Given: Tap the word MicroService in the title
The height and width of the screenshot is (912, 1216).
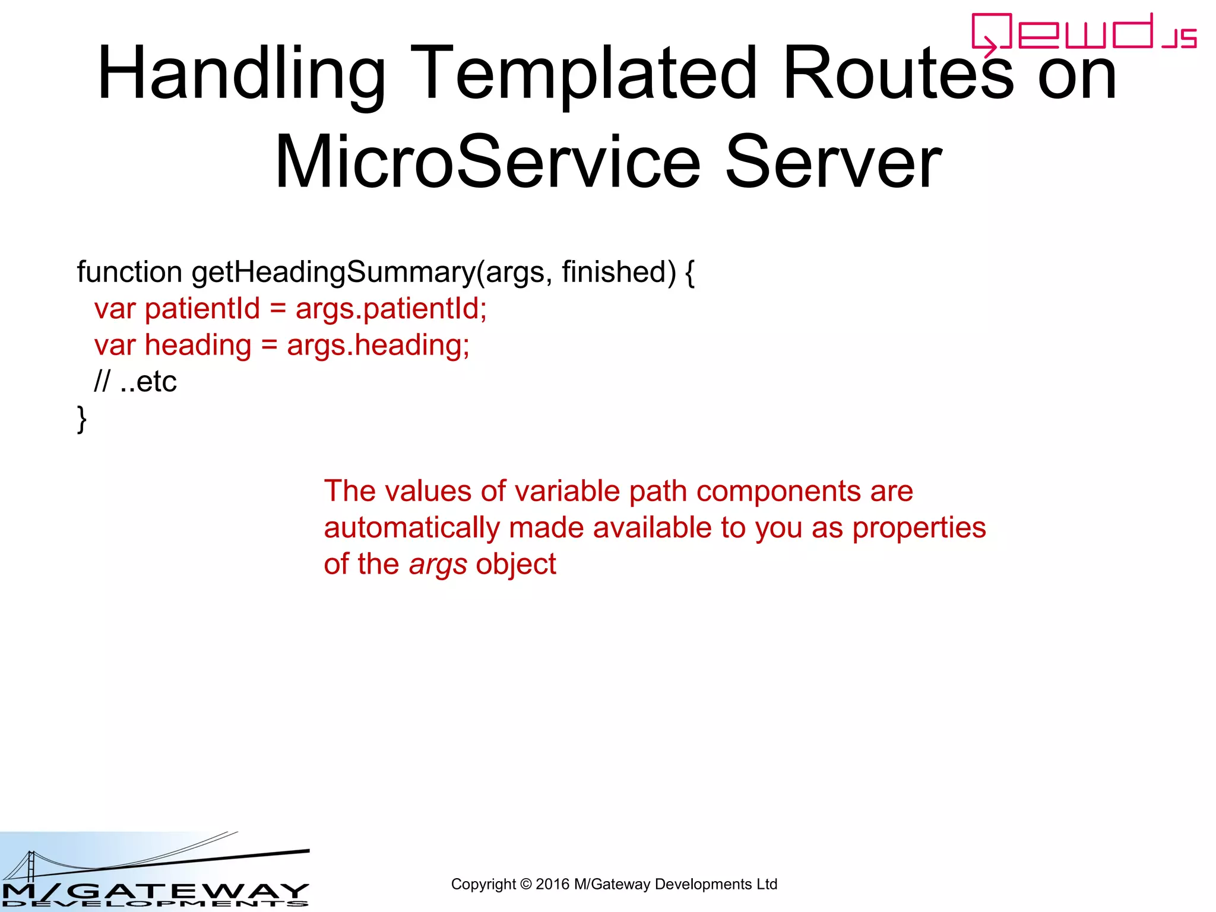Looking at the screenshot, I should pyautogui.click(x=487, y=162).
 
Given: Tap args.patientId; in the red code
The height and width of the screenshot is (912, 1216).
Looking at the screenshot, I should pyautogui.click(x=391, y=309).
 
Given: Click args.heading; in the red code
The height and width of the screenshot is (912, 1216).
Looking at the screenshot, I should pyautogui.click(x=378, y=345).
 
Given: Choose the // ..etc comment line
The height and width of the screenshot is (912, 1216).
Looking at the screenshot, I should pyautogui.click(x=135, y=381).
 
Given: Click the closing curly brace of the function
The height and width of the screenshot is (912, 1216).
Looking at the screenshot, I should pyautogui.click(x=82, y=419).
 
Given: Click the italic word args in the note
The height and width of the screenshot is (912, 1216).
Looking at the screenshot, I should pyautogui.click(x=438, y=565).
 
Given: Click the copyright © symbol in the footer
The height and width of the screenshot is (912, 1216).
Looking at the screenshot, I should pyautogui.click(x=525, y=884).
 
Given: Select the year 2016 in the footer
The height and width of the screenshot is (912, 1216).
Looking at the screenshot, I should pyautogui.click(x=552, y=884).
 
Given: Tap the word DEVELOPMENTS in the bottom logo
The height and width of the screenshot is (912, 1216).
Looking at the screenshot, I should pyautogui.click(x=154, y=904).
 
